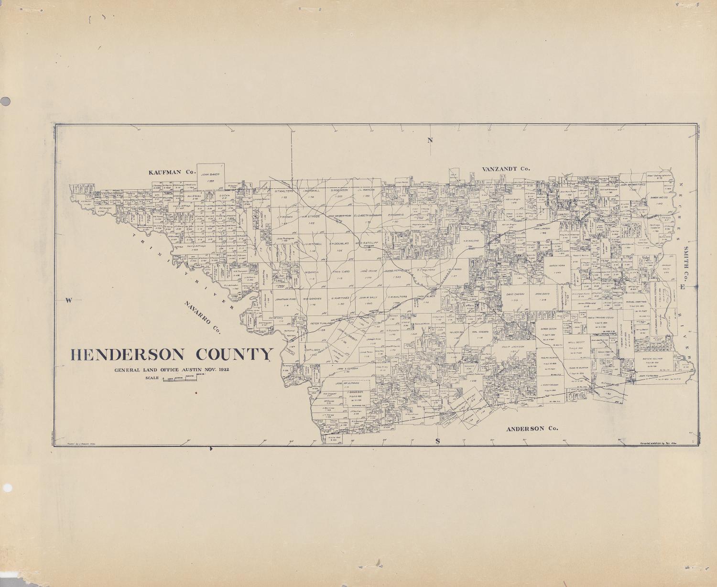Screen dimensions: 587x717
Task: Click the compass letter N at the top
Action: (430, 140)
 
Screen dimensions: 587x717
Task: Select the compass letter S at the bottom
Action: (437, 441)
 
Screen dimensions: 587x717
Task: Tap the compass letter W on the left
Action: (68, 300)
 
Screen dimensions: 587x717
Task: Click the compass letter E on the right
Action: (683, 287)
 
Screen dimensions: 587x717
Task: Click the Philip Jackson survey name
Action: (513, 347)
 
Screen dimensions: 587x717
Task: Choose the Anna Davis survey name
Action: (543, 294)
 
